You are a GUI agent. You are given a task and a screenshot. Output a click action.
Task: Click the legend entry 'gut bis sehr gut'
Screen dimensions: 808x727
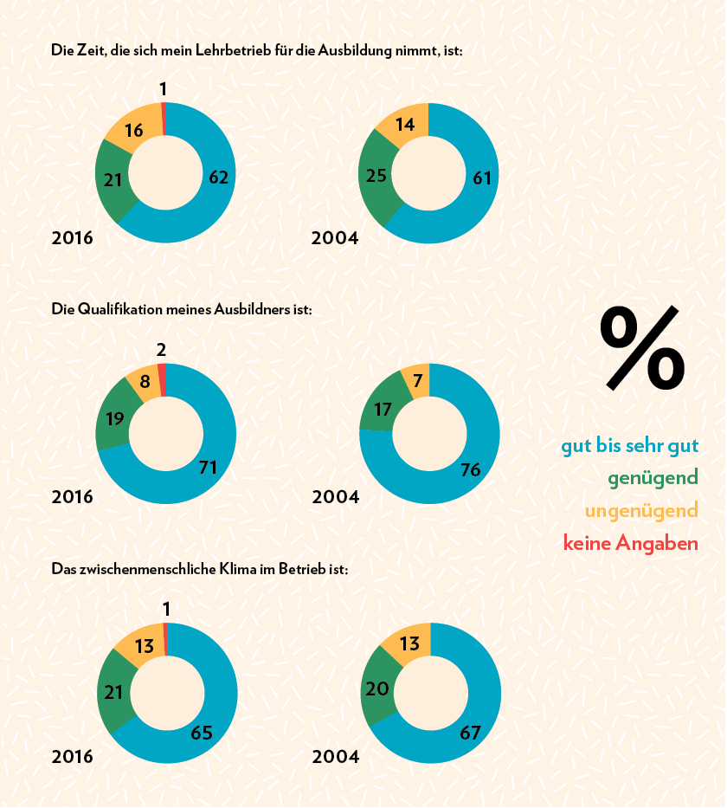[629, 446]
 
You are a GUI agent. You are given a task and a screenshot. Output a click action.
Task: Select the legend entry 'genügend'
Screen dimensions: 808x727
[653, 478]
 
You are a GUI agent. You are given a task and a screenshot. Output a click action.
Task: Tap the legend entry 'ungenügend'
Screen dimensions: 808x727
[641, 511]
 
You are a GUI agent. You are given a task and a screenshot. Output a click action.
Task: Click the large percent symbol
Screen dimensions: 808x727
[642, 347]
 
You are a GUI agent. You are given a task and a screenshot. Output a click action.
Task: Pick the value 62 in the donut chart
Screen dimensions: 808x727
[219, 178]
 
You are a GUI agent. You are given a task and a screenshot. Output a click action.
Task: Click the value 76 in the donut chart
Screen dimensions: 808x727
[471, 469]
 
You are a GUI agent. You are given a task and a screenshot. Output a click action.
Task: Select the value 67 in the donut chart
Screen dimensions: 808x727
[470, 733]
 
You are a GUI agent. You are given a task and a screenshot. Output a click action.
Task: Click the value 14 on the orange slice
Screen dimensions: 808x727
[405, 125]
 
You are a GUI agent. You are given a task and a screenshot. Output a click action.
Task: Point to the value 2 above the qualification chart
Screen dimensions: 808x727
[162, 350]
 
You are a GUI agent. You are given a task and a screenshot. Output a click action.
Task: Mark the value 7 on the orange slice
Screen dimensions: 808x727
[417, 381]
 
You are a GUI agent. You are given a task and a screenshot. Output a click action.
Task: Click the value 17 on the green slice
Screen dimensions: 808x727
[383, 409]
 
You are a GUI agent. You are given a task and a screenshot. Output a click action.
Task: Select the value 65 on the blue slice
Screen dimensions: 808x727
[202, 733]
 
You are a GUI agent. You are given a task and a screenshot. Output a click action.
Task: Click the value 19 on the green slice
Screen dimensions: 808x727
[114, 418]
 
